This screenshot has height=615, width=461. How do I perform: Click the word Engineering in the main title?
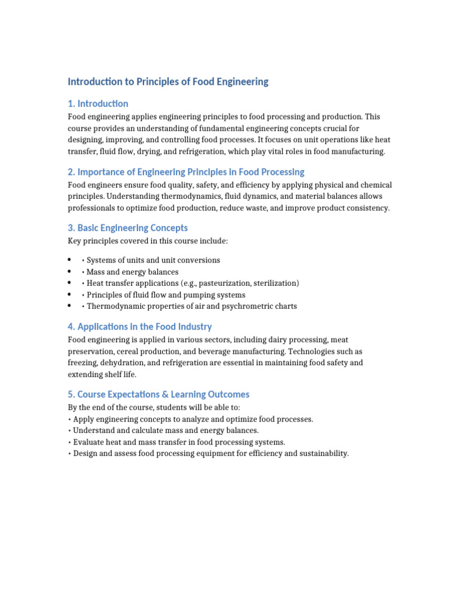pyautogui.click(x=240, y=82)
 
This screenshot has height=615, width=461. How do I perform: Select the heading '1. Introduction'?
pyautogui.click(x=98, y=104)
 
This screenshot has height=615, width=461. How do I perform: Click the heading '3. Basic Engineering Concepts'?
pyautogui.click(x=127, y=228)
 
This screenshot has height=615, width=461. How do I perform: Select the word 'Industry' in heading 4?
pyautogui.click(x=191, y=327)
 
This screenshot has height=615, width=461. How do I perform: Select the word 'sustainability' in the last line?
pyautogui.click(x=320, y=453)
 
